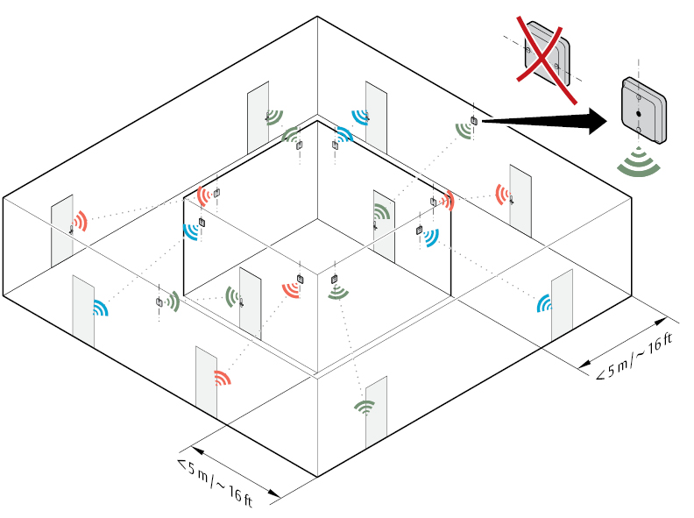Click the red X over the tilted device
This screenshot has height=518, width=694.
(546, 60)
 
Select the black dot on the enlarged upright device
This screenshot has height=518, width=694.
(638, 114)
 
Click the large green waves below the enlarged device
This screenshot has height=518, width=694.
(639, 162)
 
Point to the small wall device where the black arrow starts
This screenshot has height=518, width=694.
(473, 120)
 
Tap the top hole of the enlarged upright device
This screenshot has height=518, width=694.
(638, 96)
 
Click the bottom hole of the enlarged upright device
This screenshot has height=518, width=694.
(638, 130)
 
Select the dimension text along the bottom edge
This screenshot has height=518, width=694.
(215, 483)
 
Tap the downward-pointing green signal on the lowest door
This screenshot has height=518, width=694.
(365, 407)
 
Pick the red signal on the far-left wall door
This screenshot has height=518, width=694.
(80, 221)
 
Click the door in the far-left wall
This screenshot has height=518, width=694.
(62, 231)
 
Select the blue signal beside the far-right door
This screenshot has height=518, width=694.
(544, 303)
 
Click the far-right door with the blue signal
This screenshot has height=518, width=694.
(562, 306)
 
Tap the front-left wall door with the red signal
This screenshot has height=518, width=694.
(206, 382)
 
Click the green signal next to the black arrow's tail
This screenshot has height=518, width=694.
(463, 131)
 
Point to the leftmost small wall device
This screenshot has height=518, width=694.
(159, 302)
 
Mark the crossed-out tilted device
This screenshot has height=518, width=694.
(547, 53)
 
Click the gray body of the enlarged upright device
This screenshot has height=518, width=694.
(644, 110)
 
